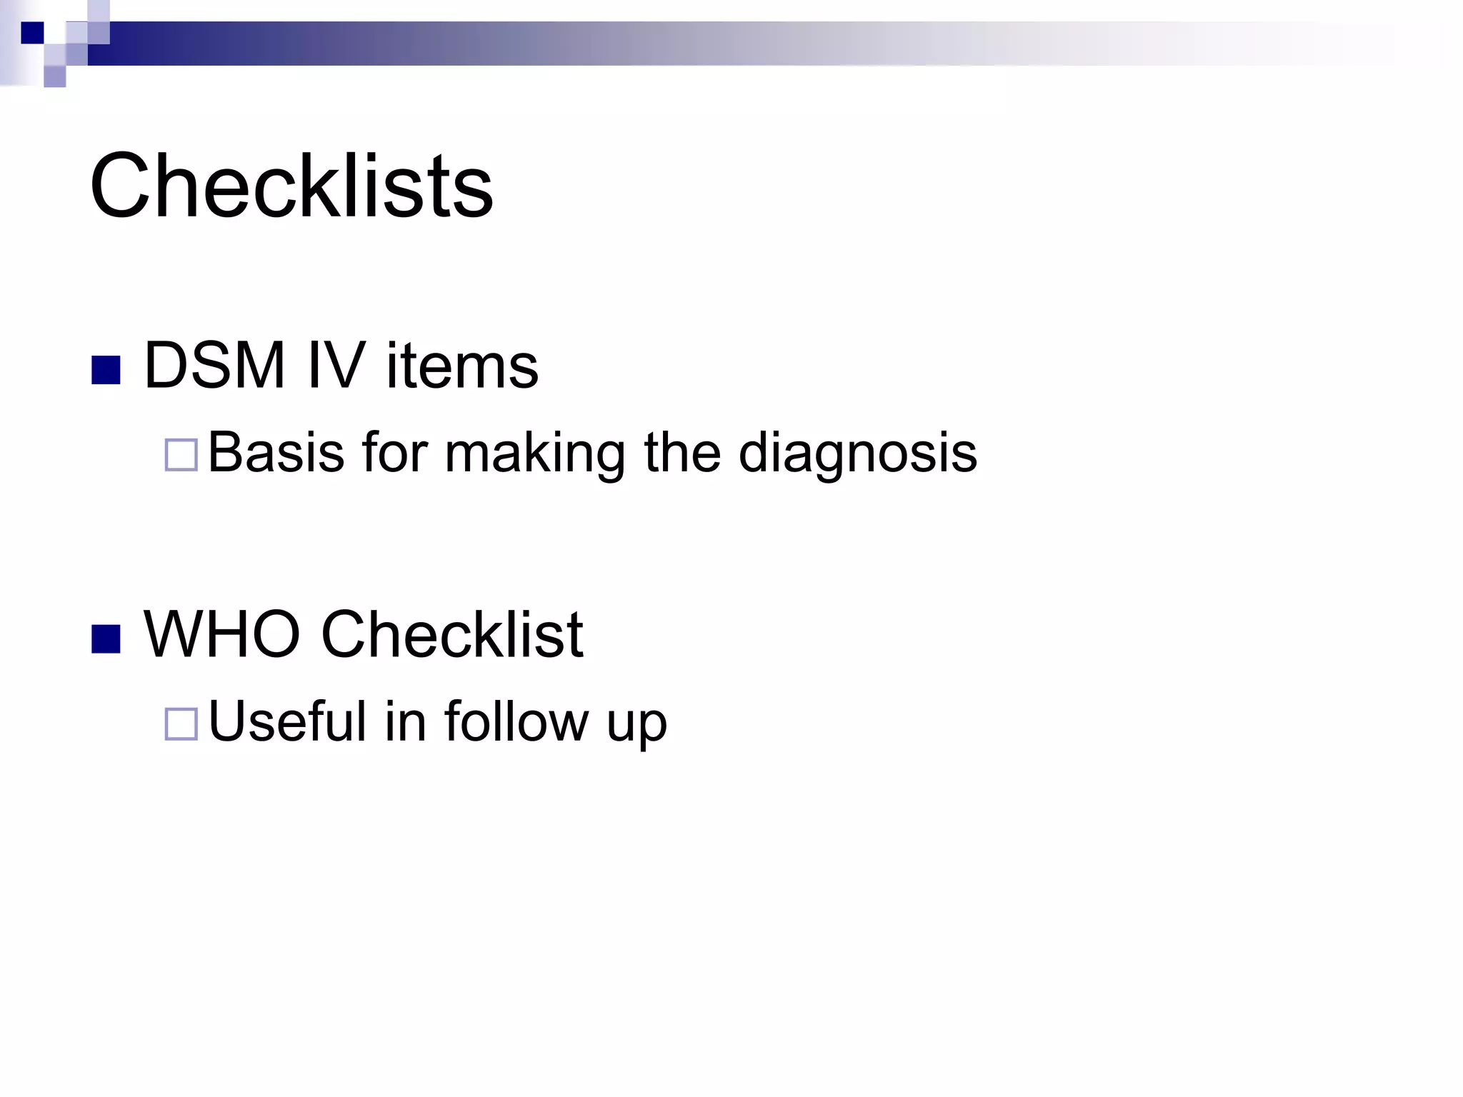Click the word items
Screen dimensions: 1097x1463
[x=462, y=366]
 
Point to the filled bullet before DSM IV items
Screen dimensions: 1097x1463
[x=106, y=370]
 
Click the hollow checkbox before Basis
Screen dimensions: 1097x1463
[x=181, y=456]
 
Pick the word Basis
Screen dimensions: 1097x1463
[x=276, y=452]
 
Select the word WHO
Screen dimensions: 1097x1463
[x=222, y=634]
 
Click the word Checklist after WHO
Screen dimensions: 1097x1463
[x=452, y=634]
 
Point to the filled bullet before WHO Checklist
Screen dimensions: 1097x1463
[x=106, y=638]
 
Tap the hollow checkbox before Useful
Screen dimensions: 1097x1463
[x=181, y=723]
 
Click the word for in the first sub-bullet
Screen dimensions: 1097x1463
[x=394, y=452]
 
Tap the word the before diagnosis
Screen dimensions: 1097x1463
[x=682, y=452]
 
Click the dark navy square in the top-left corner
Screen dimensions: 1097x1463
[x=32, y=33]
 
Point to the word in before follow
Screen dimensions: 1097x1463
[x=405, y=721]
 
